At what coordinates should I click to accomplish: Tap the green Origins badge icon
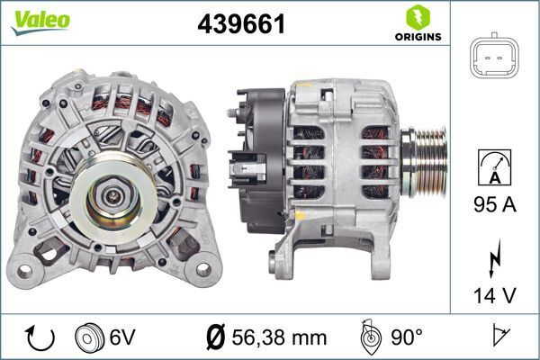pyautogui.click(x=416, y=16)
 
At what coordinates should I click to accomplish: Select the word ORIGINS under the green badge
pyautogui.click(x=417, y=38)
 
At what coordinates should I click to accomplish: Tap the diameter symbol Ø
pyautogui.click(x=215, y=337)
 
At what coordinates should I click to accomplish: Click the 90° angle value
pyautogui.click(x=406, y=337)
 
